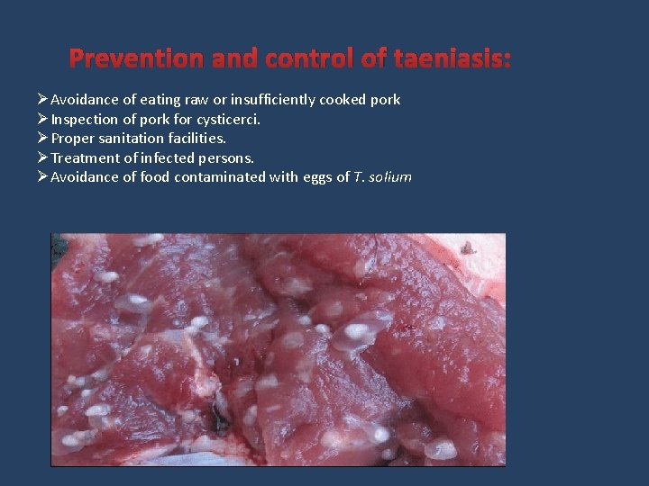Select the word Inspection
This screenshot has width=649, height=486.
coord(84,119)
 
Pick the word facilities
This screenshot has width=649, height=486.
coord(197,139)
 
